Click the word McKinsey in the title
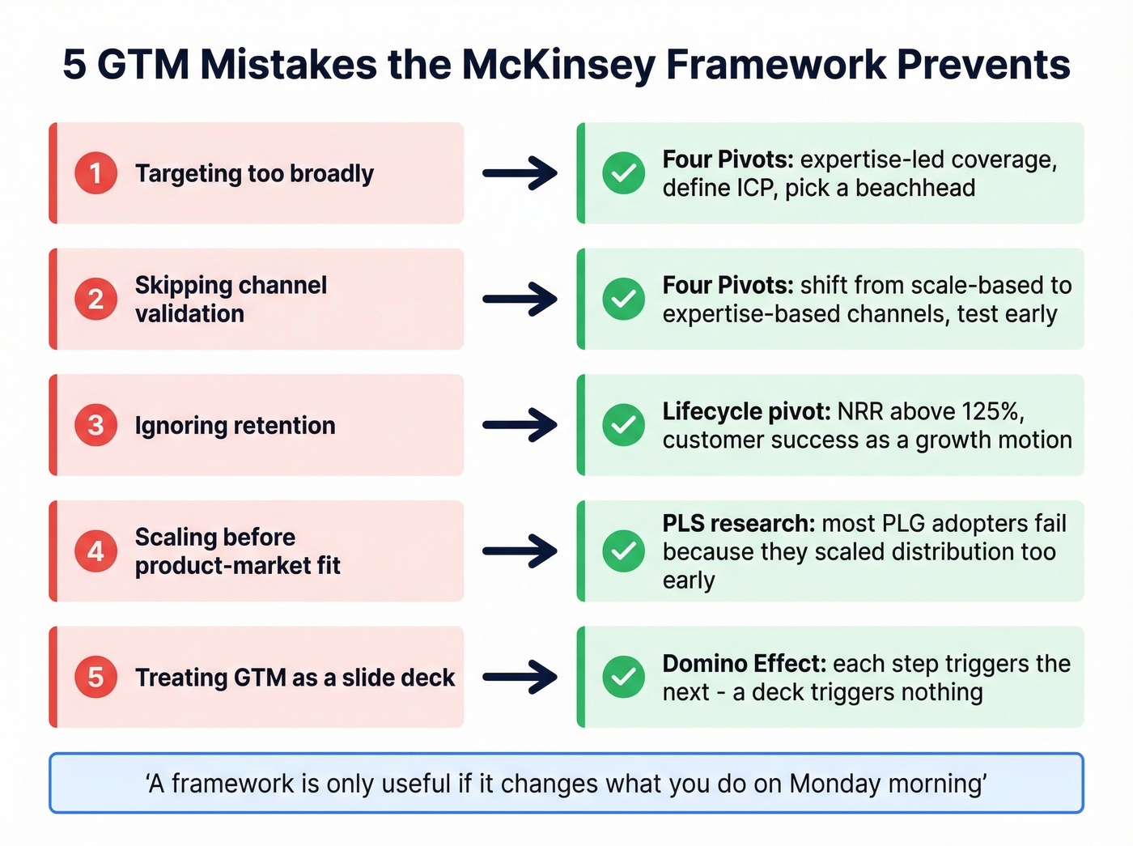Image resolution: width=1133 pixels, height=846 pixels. click(558, 65)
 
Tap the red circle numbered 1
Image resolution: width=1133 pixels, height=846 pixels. click(95, 173)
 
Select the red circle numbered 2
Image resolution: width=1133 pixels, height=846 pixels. click(95, 300)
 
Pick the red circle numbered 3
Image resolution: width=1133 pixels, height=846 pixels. click(95, 425)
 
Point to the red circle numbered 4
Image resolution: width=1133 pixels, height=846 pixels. click(95, 551)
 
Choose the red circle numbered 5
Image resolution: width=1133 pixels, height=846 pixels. click(95, 677)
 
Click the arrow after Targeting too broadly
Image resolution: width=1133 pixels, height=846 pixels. click(520, 173)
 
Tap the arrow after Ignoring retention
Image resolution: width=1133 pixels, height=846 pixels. click(520, 425)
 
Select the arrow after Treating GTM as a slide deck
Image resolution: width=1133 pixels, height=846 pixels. click(520, 677)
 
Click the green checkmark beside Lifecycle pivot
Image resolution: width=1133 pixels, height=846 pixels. click(623, 425)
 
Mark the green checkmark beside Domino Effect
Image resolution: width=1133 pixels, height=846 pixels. click(623, 677)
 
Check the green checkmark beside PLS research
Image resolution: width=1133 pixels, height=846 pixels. click(623, 551)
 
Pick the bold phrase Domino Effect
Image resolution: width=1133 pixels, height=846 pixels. click(744, 664)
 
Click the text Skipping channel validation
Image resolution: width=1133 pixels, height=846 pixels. click(231, 300)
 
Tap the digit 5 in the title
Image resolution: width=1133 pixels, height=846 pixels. click(74, 65)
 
